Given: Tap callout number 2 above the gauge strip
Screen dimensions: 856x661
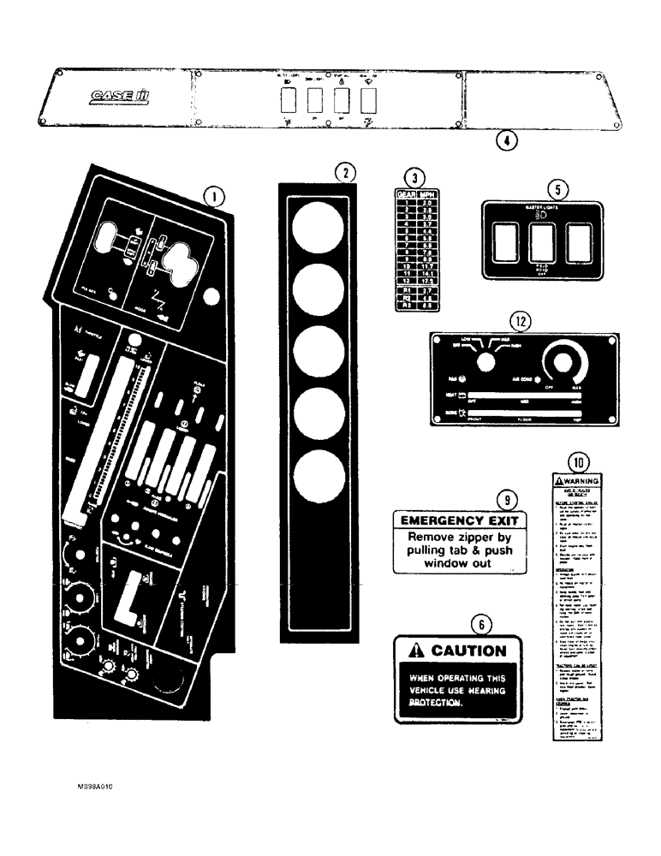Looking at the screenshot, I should coord(344,172).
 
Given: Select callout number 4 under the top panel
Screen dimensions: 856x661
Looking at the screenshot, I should coord(506,142).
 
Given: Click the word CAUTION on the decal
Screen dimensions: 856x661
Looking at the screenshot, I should coord(468,651).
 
